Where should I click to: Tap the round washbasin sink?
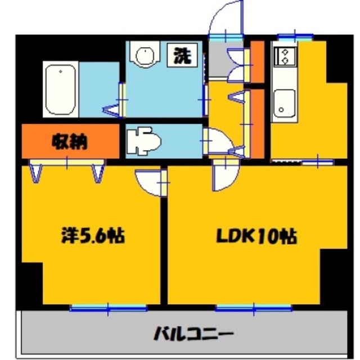point(145,56)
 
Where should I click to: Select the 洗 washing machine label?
point(180,56)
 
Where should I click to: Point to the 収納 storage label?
point(70,142)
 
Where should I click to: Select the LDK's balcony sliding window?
point(253,307)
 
